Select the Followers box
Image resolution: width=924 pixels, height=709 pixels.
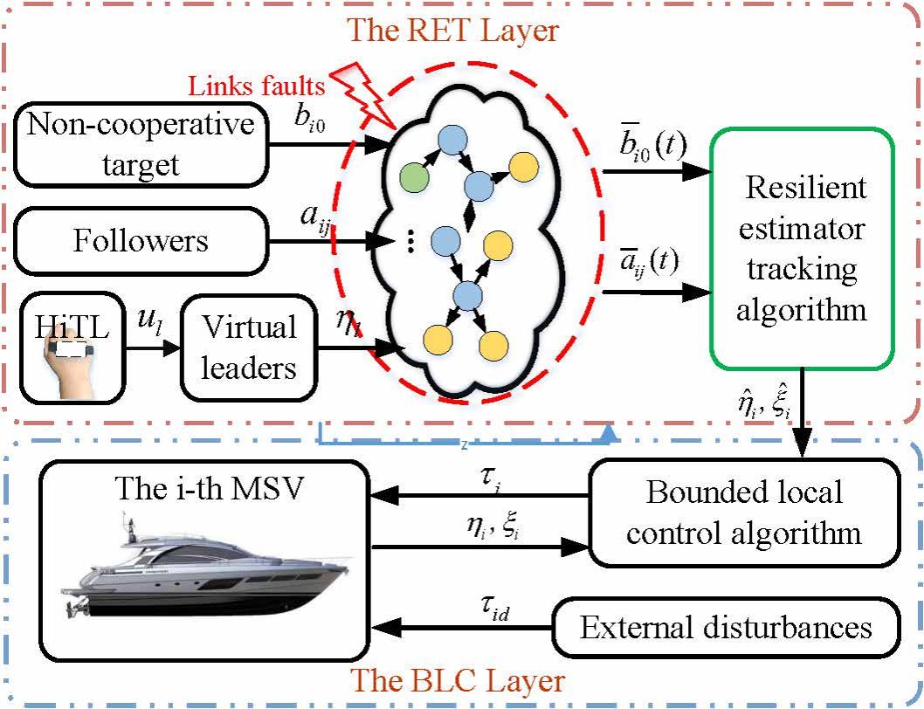(141, 239)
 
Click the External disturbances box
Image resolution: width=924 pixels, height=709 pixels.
(726, 628)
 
